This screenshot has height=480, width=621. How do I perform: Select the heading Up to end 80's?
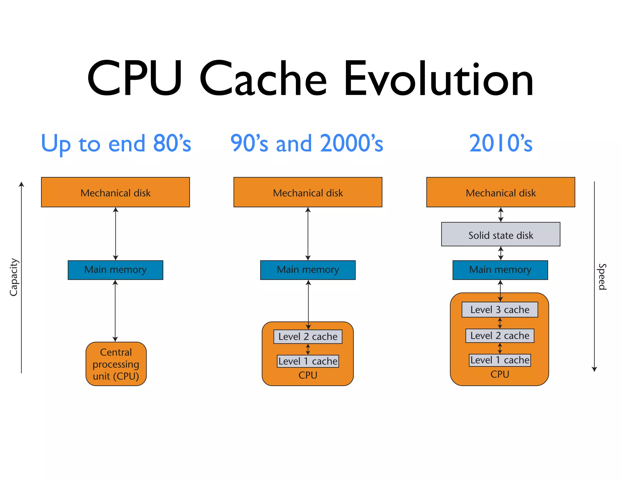pyautogui.click(x=116, y=143)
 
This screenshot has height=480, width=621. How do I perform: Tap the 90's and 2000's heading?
pyautogui.click(x=307, y=143)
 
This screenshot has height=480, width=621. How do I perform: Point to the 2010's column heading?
pyautogui.click(x=501, y=143)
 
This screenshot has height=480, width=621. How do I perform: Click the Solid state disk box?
pyautogui.click(x=500, y=235)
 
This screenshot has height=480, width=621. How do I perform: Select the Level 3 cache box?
pyautogui.click(x=499, y=309)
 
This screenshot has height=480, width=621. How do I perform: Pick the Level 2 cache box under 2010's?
pyautogui.click(x=499, y=336)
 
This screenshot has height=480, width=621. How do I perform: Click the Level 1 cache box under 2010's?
pyautogui.click(x=499, y=360)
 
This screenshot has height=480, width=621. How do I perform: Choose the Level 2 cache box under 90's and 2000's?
pyautogui.click(x=307, y=336)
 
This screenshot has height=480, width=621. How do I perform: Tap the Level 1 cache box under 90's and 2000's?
pyautogui.click(x=307, y=361)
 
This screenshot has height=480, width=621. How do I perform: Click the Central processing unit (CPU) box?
pyautogui.click(x=116, y=364)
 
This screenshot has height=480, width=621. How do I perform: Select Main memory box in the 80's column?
pyautogui.click(x=115, y=270)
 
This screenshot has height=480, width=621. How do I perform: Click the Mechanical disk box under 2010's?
pyautogui.click(x=500, y=192)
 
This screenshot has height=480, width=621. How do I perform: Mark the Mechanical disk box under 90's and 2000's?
pyautogui.click(x=307, y=192)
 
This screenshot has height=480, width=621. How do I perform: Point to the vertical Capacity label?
pyautogui.click(x=14, y=277)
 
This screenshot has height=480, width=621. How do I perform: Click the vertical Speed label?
pyautogui.click(x=602, y=277)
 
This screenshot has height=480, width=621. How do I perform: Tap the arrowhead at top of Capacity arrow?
pyautogui.click(x=21, y=184)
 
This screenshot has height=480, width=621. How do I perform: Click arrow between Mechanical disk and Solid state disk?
pyautogui.click(x=501, y=215)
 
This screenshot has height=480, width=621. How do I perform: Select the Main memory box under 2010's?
pyautogui.click(x=500, y=270)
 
